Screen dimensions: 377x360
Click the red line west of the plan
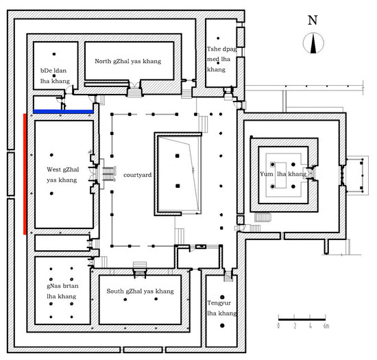pyautogui.click(x=25, y=174)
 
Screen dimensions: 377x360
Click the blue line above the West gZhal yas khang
pyautogui.click(x=63, y=112)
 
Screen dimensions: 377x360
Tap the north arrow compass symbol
pyautogui.click(x=313, y=43)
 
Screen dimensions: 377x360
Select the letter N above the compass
pyautogui.click(x=313, y=20)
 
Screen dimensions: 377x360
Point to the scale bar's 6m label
pyautogui.click(x=326, y=326)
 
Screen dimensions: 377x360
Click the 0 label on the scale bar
pyautogui.click(x=278, y=326)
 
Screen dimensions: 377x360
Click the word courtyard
pyautogui.click(x=137, y=175)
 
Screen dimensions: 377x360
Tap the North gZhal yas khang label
pyautogui.click(x=128, y=61)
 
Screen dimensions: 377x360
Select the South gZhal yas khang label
pyautogui.click(x=140, y=291)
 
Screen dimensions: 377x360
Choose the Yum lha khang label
pyautogui.click(x=283, y=174)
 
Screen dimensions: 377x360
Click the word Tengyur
pyautogui.click(x=219, y=303)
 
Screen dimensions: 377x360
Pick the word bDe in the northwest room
pyautogui.click(x=46, y=71)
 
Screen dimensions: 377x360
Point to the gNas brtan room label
pyautogui.click(x=62, y=291)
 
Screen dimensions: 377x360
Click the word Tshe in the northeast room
pyautogui.click(x=213, y=49)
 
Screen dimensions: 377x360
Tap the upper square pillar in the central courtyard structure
pyautogui.click(x=178, y=156)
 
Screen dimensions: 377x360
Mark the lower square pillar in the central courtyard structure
pyautogui.click(x=178, y=186)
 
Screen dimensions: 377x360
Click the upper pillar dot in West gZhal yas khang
pyautogui.click(x=51, y=155)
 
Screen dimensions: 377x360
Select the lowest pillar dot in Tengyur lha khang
pyautogui.click(x=222, y=326)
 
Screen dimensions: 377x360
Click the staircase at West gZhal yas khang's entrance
pyautogui.click(x=108, y=174)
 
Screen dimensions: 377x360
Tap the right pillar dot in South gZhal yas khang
pyautogui.click(x=156, y=299)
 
